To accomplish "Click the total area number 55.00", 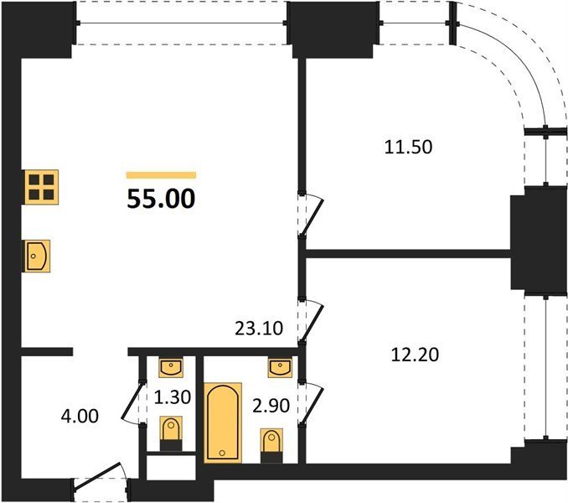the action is point(161,199).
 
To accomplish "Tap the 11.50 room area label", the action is point(408,148).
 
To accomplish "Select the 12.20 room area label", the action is point(416,355).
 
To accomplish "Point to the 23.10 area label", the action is point(259,329).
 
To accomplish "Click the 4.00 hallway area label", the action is point(80,416).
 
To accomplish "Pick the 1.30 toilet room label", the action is point(173,397).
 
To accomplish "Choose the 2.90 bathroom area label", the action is point(271,406).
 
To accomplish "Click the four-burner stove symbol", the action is point(41,187).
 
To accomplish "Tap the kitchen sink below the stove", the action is point(38,256).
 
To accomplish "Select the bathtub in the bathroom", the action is point(223,423).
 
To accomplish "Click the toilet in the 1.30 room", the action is point(171,433).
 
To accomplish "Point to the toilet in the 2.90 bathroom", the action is point(272,445).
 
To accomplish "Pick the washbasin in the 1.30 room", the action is point(171,367).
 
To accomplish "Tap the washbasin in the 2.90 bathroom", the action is point(280,367).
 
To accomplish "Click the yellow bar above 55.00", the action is point(161,175).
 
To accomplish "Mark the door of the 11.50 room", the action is point(312,216).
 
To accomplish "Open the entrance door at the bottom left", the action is point(97,477).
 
